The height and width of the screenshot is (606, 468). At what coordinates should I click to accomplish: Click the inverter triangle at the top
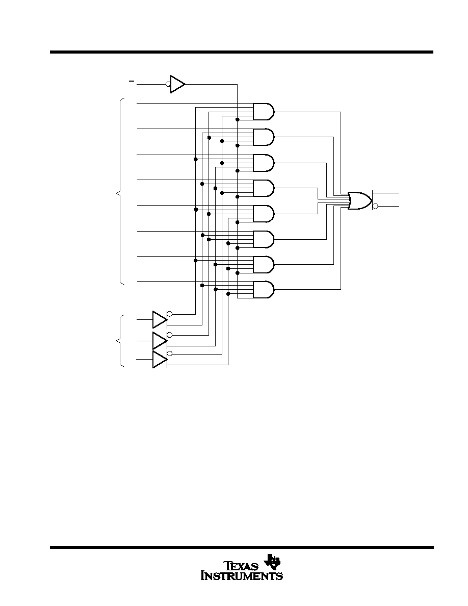(177, 84)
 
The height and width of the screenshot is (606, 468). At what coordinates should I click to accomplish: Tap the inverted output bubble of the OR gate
(375, 207)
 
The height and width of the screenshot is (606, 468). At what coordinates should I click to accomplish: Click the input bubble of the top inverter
(168, 84)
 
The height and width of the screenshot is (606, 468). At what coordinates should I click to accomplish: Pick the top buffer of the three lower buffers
(160, 320)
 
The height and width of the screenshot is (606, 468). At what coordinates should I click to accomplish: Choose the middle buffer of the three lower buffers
(160, 340)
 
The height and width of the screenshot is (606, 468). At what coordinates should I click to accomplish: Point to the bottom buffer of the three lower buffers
(160, 360)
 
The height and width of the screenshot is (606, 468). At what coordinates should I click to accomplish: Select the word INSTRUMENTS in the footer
(242, 576)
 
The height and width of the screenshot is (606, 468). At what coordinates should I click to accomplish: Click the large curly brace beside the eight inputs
(121, 192)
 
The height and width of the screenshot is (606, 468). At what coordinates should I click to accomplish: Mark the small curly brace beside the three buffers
(121, 340)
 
